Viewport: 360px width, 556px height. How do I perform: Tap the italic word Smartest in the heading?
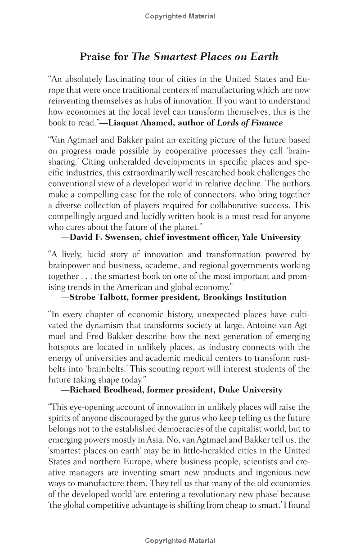(x=173, y=57)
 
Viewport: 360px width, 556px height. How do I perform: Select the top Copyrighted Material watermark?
(x=180, y=16)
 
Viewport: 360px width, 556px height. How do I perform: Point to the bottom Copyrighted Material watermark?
(x=180, y=541)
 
